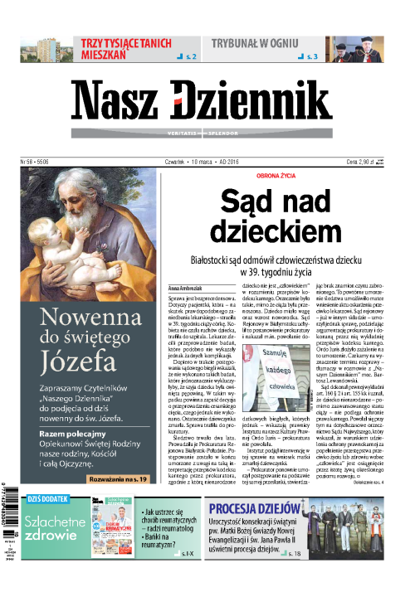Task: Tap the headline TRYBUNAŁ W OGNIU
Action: point(259,40)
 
